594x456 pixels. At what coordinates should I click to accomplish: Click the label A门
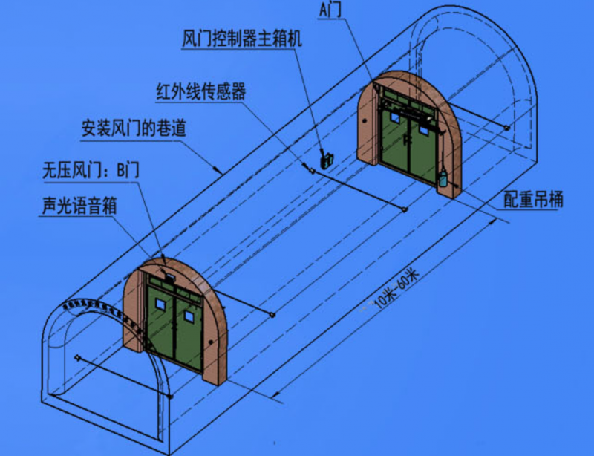tap(330, 10)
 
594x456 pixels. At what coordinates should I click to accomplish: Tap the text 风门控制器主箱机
tap(242, 39)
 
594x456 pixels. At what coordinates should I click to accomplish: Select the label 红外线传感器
tap(201, 91)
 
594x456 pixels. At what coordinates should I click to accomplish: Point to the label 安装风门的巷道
tap(134, 128)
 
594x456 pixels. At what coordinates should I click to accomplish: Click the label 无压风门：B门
tap(91, 170)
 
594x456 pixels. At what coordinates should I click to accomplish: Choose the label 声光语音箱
tap(79, 206)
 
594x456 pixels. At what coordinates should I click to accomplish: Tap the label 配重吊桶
tap(533, 199)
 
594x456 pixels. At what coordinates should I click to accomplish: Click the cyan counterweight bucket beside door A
tap(443, 179)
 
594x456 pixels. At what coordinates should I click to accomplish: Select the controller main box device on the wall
tap(327, 160)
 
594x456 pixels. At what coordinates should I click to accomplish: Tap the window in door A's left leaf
tap(395, 118)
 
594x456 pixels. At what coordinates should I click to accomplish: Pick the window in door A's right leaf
tap(423, 129)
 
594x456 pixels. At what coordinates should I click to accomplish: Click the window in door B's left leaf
tap(160, 304)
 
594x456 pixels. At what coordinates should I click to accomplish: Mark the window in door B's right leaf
tap(189, 316)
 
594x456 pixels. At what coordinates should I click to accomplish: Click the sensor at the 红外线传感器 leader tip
tap(312, 171)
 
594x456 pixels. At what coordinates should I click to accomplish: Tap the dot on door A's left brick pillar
tap(365, 121)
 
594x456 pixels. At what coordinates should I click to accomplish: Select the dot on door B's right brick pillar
tap(211, 342)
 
